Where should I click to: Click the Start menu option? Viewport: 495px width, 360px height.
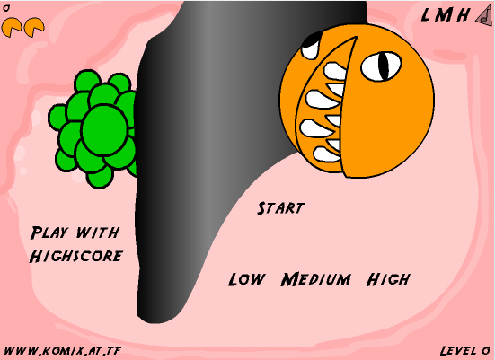(280, 208)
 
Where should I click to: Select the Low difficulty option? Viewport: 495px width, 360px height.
(246, 279)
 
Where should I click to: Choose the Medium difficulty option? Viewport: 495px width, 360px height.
(315, 279)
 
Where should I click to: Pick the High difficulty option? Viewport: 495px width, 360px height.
(389, 279)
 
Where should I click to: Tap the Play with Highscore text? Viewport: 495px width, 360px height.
(76, 244)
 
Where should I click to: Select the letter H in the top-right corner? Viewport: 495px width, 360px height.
(464, 15)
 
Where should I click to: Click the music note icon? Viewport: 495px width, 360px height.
(485, 16)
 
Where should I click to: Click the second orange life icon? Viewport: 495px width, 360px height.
(34, 27)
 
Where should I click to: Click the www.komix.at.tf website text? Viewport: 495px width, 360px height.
(63, 350)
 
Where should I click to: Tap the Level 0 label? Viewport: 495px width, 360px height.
(464, 350)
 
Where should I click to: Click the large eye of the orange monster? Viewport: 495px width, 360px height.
(381, 66)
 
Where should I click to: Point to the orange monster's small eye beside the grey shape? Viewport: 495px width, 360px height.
(311, 47)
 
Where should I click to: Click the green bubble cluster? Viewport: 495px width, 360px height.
(93, 128)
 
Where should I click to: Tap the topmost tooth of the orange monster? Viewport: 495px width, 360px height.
(335, 71)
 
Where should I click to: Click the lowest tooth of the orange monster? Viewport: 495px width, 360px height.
(326, 154)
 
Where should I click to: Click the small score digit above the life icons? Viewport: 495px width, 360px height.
(6, 8)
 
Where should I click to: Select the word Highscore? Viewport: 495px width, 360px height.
(76, 256)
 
